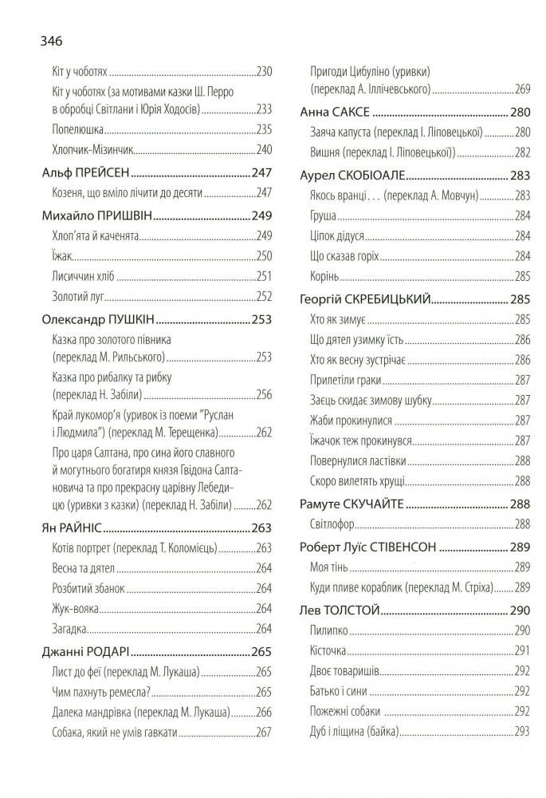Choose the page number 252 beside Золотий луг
(x=264, y=297)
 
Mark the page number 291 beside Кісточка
(x=523, y=650)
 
